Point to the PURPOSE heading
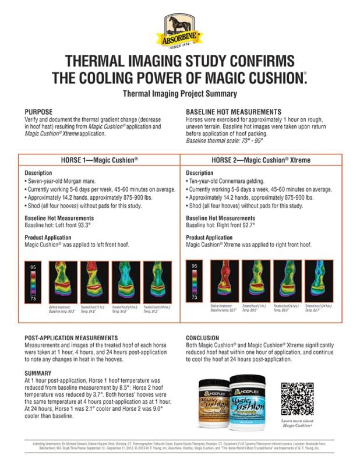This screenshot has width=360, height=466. [39, 111]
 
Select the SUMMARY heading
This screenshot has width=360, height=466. [39, 373]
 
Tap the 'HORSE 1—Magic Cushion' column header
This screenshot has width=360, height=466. [99, 160]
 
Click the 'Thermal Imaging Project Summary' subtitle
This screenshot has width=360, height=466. [180, 93]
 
